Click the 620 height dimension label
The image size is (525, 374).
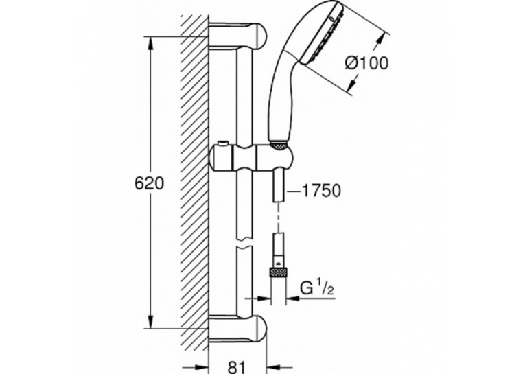[150, 183]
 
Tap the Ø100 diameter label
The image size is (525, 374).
[366, 62]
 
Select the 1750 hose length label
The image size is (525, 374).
[321, 191]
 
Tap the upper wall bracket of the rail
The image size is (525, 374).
[237, 35]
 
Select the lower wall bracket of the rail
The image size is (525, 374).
[237, 329]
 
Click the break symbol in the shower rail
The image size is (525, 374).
[244, 243]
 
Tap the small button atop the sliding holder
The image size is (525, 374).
[221, 144]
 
